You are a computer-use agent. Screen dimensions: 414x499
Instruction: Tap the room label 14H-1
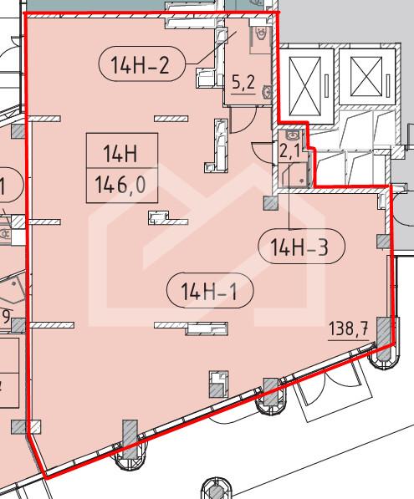pyautogui.click(x=210, y=291)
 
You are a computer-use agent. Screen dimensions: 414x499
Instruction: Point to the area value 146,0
pyautogui.click(x=120, y=185)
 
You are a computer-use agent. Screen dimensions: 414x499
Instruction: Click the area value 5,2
pyautogui.click(x=243, y=83)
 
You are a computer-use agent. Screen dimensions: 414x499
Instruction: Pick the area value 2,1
pyautogui.click(x=289, y=151)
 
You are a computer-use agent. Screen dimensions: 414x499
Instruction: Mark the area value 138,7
pyautogui.click(x=349, y=328)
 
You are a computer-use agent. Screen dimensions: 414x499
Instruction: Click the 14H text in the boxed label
pyautogui.click(x=120, y=153)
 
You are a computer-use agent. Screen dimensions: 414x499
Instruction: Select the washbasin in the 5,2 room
pyautogui.click(x=267, y=92)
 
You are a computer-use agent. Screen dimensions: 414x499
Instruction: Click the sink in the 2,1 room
pyautogui.click(x=292, y=135)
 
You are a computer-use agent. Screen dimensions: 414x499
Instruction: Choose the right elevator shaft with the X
pyautogui.click(x=366, y=76)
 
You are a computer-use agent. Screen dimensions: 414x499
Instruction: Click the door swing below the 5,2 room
pyautogui.click(x=243, y=120)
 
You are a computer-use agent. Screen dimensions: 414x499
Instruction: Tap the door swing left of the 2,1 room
pyautogui.click(x=264, y=154)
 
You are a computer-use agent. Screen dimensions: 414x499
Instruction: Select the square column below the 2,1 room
pyautogui.click(x=271, y=202)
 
